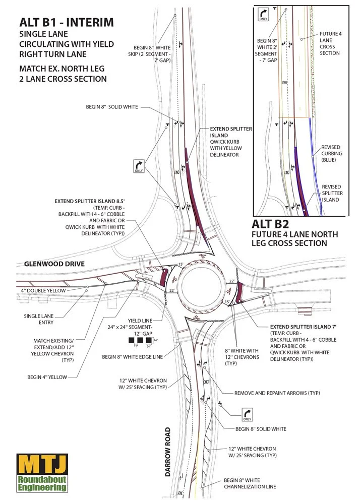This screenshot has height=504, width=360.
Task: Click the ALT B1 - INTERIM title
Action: pyautogui.click(x=66, y=22)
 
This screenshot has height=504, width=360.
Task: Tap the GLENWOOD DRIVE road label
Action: pyautogui.click(x=54, y=264)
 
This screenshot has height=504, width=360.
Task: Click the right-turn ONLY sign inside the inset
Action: pyautogui.click(x=263, y=14)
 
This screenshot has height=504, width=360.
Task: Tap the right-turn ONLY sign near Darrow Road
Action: pyautogui.click(x=247, y=414)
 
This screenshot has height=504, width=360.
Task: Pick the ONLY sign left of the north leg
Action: pyautogui.click(x=139, y=167)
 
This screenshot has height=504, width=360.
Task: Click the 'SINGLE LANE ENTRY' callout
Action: pyautogui.click(x=39, y=319)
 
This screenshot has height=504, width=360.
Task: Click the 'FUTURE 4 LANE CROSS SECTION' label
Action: pyautogui.click(x=330, y=43)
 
